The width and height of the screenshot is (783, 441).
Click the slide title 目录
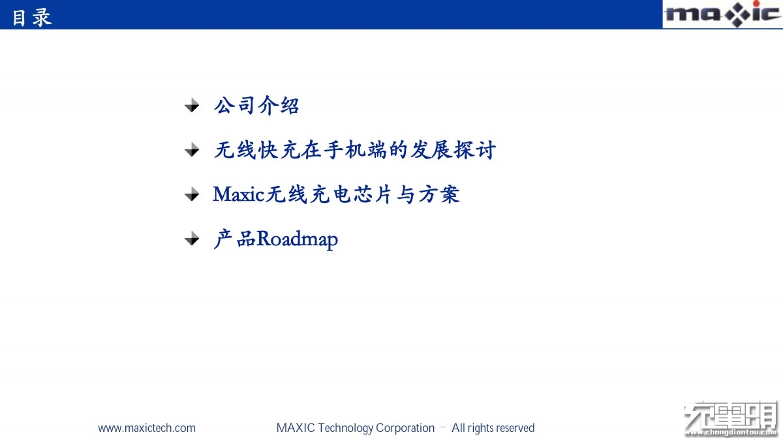tap(32, 18)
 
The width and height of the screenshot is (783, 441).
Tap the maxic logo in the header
tap(723, 14)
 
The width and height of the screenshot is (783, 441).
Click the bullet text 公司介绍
tap(256, 106)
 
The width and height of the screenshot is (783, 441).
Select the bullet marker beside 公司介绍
tap(192, 105)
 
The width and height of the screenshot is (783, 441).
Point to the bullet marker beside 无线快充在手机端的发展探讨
tap(192, 149)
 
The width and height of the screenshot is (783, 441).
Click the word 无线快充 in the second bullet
tap(257, 150)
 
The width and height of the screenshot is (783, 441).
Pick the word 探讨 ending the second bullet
tap(474, 150)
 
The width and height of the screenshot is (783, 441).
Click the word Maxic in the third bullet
tap(238, 194)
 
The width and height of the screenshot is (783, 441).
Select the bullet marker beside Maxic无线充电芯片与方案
tap(192, 194)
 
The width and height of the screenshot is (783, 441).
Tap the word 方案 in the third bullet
tap(438, 194)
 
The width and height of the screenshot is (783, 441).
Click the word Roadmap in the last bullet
tap(297, 239)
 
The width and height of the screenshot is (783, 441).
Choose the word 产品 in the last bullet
tap(234, 239)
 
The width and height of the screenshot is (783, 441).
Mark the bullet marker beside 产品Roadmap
tap(192, 239)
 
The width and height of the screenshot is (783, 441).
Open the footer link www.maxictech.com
tap(147, 428)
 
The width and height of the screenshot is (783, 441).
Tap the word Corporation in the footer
tap(405, 428)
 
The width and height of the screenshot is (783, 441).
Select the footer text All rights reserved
tap(493, 428)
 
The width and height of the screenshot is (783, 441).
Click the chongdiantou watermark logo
tap(731, 419)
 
